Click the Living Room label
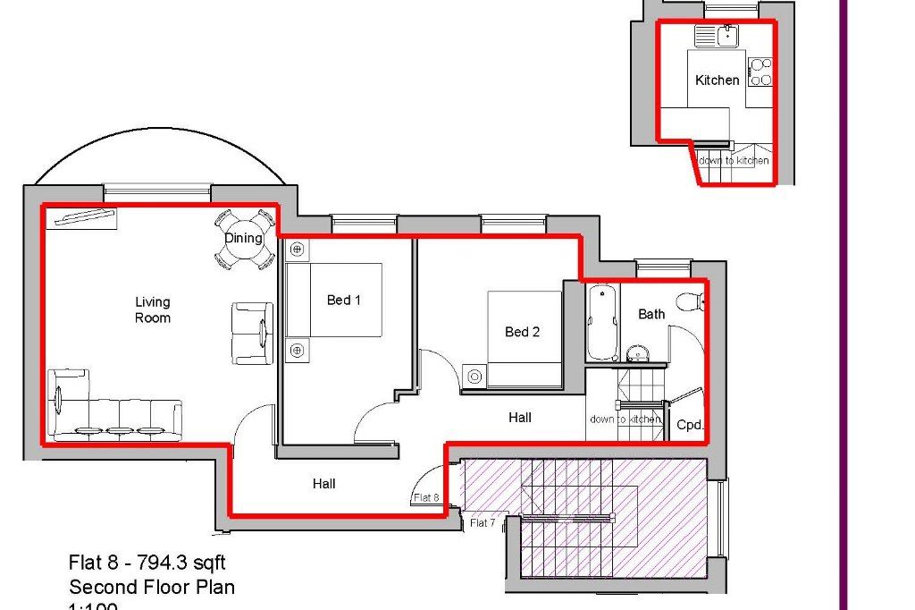tap(153, 310)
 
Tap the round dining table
tap(243, 239)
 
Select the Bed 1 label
tap(343, 300)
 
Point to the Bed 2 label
tap(523, 332)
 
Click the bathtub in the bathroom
tap(603, 323)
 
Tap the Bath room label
tap(651, 314)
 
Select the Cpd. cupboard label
tap(690, 425)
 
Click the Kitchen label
tap(717, 80)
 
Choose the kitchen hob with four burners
tap(760, 72)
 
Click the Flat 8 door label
tap(426, 498)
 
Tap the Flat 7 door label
tap(483, 522)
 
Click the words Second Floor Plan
tap(152, 588)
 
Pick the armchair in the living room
tap(252, 334)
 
